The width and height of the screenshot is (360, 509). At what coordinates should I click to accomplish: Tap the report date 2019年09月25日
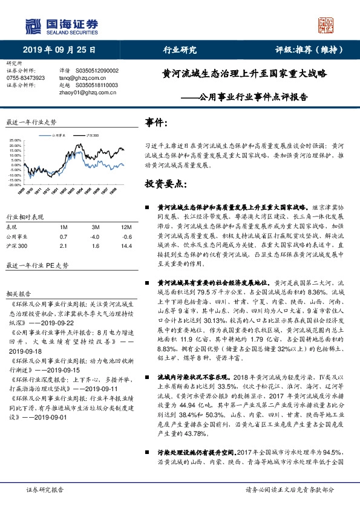tap(59, 50)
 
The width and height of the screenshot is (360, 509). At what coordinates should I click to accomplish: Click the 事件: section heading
tap(157, 123)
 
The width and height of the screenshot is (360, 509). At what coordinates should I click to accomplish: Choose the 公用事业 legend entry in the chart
tap(59, 137)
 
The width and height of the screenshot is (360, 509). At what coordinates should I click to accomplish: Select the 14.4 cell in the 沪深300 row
tap(126, 247)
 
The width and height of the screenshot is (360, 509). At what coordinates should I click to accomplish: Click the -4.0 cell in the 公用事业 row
tap(96, 236)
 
